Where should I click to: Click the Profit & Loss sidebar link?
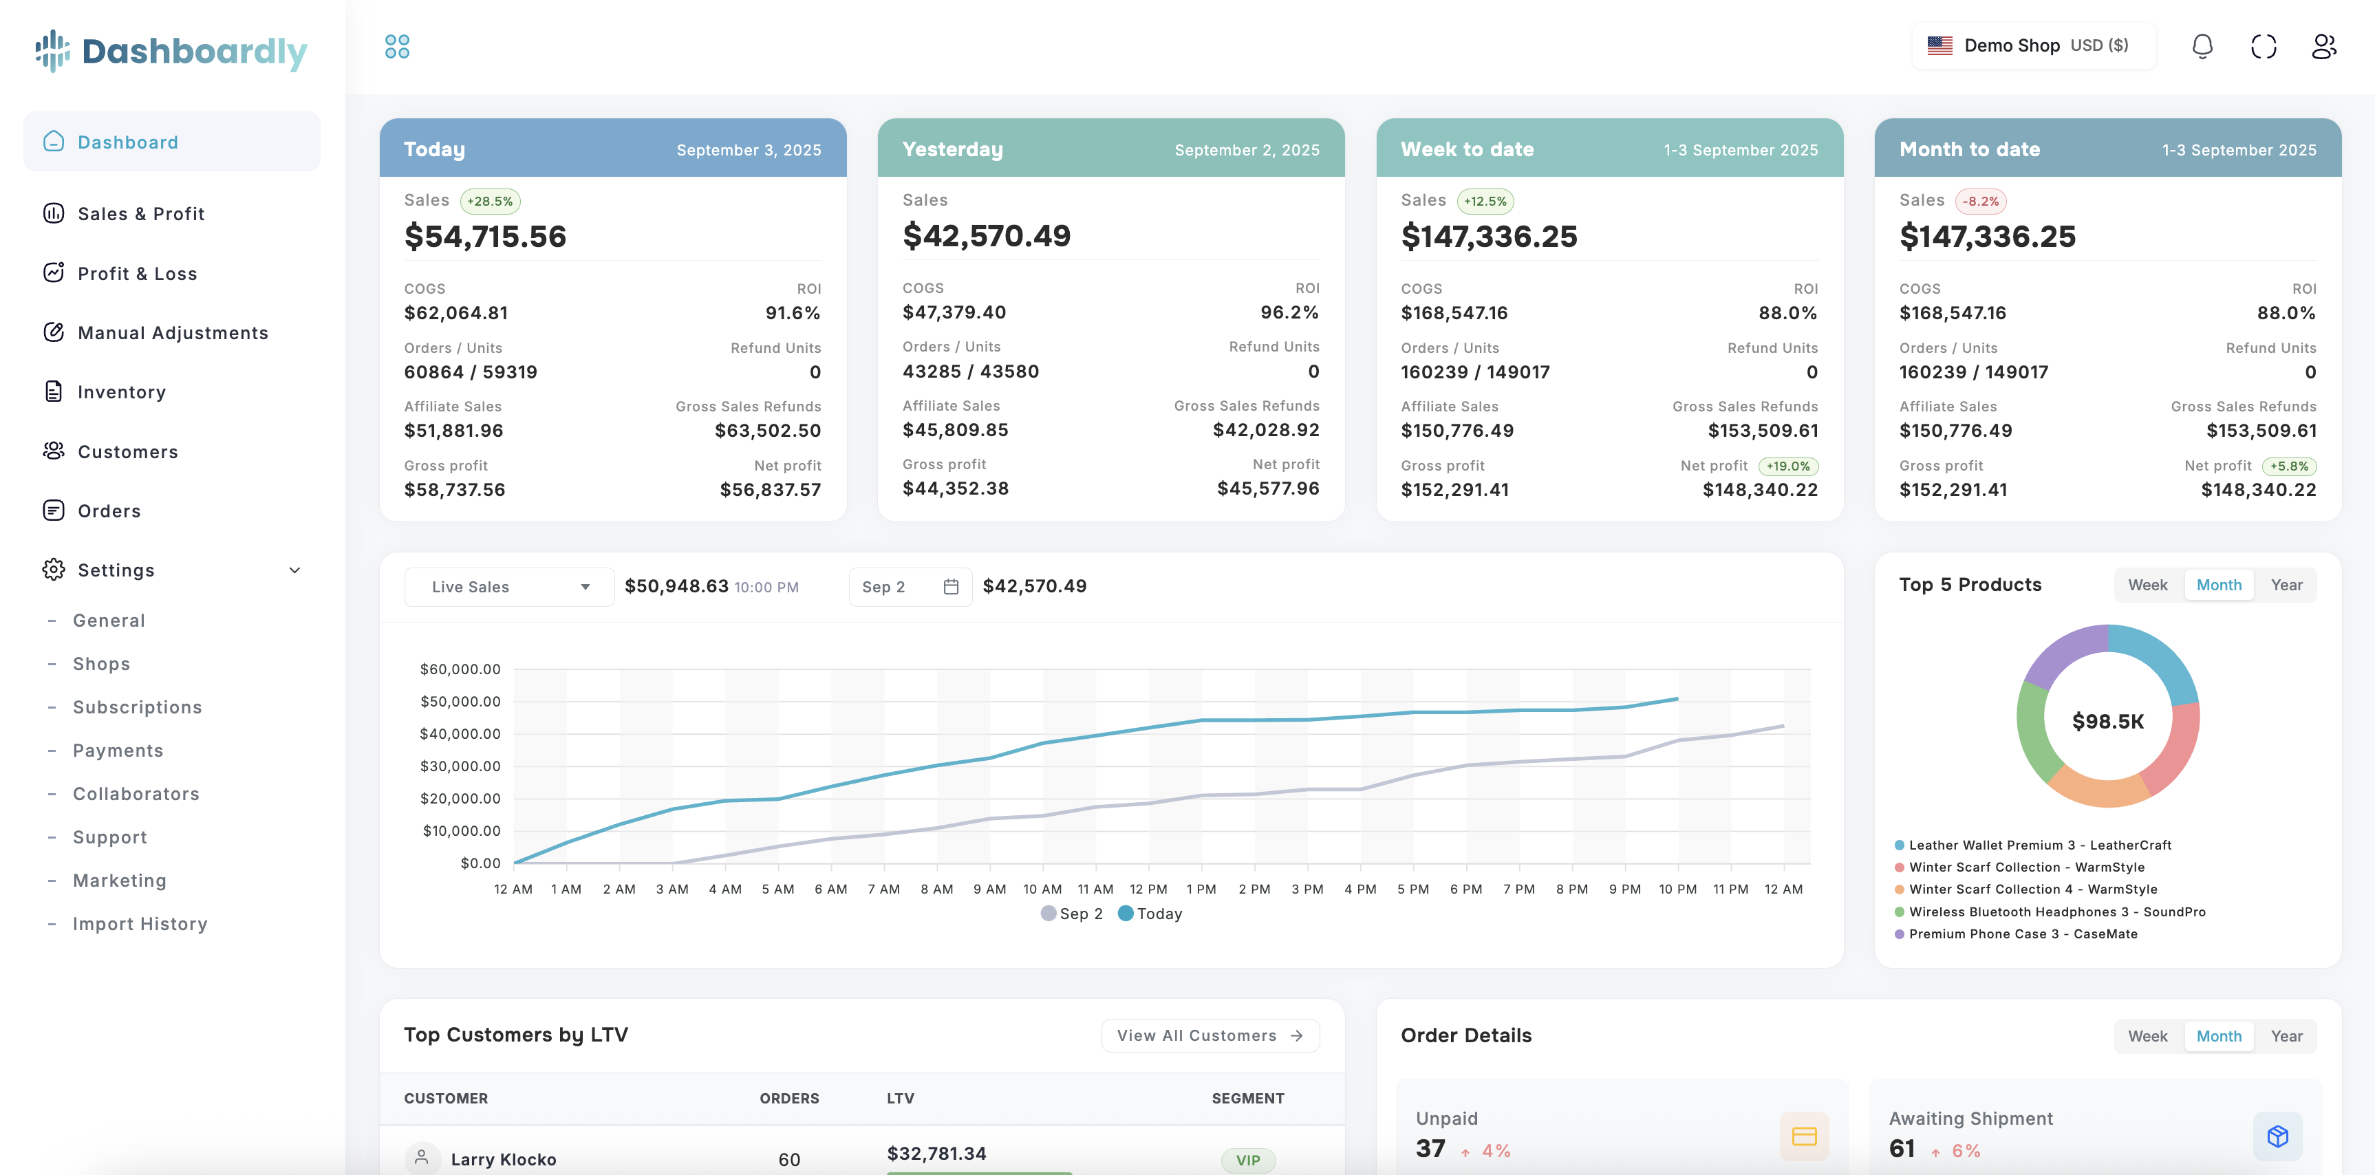pyautogui.click(x=136, y=274)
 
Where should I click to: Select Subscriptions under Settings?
pyautogui.click(x=136, y=707)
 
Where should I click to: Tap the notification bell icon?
pyautogui.click(x=2202, y=46)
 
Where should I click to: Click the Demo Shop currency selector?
pyautogui.click(x=2033, y=46)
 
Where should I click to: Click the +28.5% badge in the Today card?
pyautogui.click(x=490, y=201)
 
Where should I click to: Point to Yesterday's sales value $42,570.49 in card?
pyautogui.click(x=986, y=236)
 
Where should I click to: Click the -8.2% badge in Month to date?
pyautogui.click(x=1979, y=201)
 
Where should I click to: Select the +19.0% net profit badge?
pyautogui.click(x=1787, y=466)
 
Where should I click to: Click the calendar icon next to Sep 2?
pyautogui.click(x=951, y=587)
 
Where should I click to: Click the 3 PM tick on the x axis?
pyautogui.click(x=1307, y=890)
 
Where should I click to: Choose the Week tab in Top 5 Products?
pyautogui.click(x=2147, y=585)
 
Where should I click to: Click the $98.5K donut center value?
pyautogui.click(x=2107, y=722)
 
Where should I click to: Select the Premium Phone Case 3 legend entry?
pyautogui.click(x=2022, y=934)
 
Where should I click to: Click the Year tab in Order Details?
pyautogui.click(x=2286, y=1036)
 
